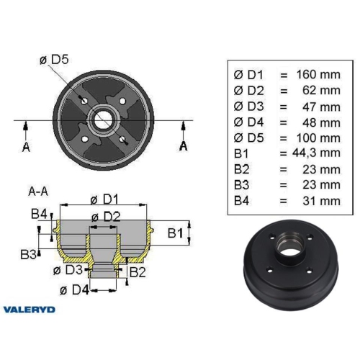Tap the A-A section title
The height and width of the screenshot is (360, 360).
coord(38,192)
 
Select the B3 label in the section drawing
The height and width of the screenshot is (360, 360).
coord(29,253)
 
